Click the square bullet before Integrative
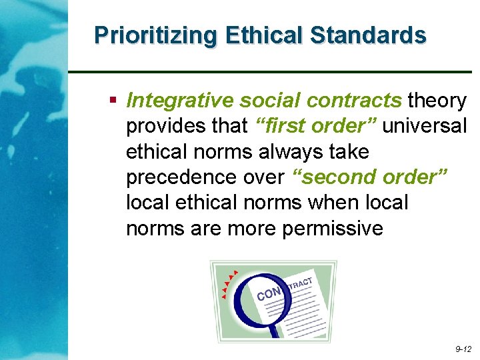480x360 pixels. pyautogui.click(x=113, y=101)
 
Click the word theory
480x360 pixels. pyautogui.click(x=437, y=101)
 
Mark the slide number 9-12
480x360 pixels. pyautogui.click(x=463, y=349)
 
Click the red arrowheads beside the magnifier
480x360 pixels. pyautogui.click(x=229, y=283)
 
